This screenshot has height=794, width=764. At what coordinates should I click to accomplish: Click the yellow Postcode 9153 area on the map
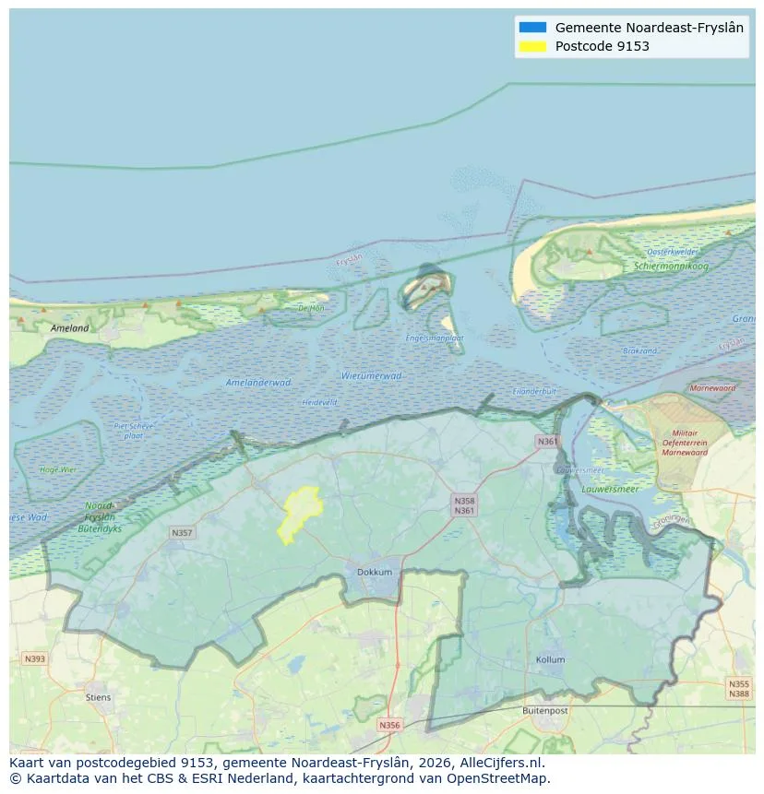coord(300,513)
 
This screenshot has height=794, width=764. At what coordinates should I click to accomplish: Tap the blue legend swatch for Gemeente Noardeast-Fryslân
coord(532,28)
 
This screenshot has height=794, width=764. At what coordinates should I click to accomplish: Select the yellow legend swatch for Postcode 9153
coord(532,46)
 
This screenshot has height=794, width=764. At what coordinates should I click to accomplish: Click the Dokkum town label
coord(375,573)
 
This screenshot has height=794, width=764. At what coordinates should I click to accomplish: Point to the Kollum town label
coord(550,660)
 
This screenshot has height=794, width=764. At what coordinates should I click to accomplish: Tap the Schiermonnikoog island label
coord(671,266)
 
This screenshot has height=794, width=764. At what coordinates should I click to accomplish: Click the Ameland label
coord(70,328)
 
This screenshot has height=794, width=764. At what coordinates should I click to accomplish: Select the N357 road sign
coord(182,533)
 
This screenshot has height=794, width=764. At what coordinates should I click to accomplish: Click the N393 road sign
coord(34,658)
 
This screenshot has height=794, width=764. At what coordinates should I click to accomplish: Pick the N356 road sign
coord(390,725)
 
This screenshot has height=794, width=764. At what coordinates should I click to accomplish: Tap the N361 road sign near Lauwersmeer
coord(547,442)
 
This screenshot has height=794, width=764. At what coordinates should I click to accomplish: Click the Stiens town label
coord(98,697)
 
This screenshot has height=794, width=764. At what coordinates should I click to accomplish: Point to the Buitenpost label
coord(547,711)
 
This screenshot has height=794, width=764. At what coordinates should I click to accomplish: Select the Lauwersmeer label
coord(611,489)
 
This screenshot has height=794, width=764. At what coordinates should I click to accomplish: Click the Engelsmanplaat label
coord(435,338)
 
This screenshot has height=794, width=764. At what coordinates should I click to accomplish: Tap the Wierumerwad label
coord(371,376)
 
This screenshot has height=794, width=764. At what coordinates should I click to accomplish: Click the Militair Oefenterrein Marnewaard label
coord(684,443)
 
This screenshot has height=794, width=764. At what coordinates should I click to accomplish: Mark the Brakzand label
coord(639,351)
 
